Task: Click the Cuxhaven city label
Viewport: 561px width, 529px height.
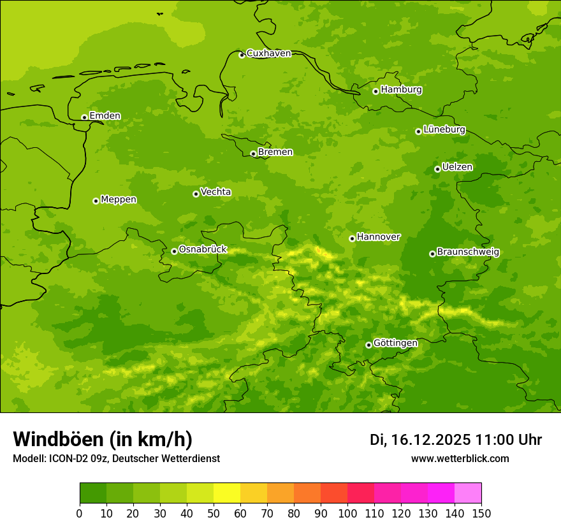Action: point(268,54)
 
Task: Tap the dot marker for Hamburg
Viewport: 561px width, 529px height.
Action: point(375,91)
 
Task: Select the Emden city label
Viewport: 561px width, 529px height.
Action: point(105,116)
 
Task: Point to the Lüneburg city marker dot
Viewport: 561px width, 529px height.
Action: point(418,131)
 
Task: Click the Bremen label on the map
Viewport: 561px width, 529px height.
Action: point(275,152)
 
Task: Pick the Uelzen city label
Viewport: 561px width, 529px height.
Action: point(457,168)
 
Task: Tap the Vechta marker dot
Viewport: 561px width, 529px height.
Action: point(196,194)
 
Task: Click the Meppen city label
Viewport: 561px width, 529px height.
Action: point(119,200)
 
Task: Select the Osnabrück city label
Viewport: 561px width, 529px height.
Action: point(203,250)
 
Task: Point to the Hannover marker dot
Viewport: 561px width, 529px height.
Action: point(352,238)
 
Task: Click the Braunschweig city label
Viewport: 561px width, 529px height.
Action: point(468,252)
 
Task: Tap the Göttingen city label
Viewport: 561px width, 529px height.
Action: point(395,344)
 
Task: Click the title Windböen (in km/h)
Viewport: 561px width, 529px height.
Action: point(103,439)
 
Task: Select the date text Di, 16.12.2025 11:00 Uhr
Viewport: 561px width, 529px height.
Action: point(456,440)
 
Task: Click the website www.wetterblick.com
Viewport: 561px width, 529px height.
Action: point(460,459)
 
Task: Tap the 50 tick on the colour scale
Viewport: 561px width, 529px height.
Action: point(214,513)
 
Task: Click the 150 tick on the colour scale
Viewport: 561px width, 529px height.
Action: point(481,513)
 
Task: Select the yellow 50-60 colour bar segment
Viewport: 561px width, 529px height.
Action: point(227,493)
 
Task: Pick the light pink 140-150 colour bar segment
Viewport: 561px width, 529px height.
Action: point(468,493)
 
